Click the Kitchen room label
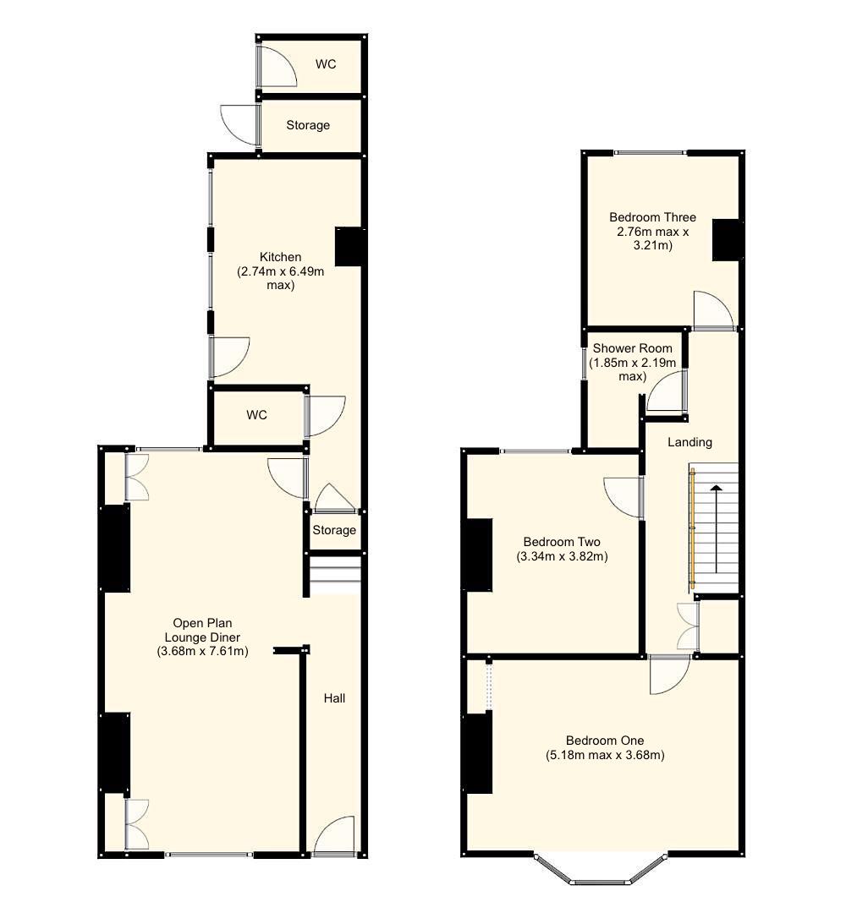coord(280,257)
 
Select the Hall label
coord(334,698)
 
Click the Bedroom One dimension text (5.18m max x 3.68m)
coord(605,756)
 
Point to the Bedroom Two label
coord(562,542)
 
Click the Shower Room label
coord(632,348)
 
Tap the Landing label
coord(689,442)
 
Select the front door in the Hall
coord(334,836)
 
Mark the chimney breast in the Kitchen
coord(349,247)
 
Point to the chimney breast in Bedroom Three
coord(727,240)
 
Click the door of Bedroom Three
coord(712,310)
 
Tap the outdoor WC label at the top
coord(326,64)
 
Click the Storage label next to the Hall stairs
coord(334,530)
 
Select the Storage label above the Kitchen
coord(308,125)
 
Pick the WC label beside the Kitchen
coord(256,415)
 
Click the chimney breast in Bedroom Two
coord(478,555)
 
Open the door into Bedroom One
coord(669,675)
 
